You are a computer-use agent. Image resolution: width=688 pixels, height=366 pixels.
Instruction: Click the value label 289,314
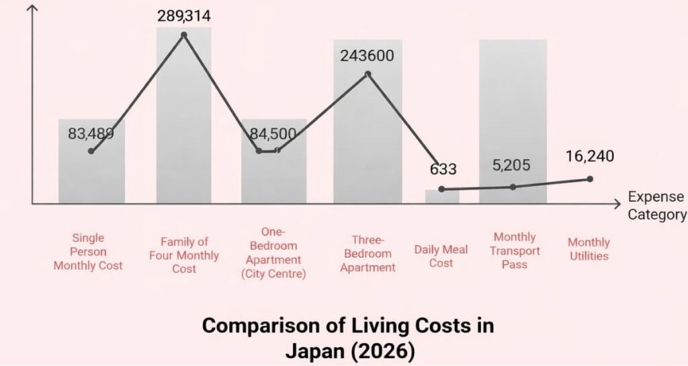pos(183,15)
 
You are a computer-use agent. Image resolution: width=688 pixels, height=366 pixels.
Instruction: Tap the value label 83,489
pos(91,133)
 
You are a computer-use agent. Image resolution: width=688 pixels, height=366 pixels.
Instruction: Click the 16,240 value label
pos(589,157)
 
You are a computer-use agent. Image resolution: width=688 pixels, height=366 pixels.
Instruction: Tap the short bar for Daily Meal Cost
pos(441,196)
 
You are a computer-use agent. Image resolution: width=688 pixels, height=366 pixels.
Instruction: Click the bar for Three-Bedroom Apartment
pos(368,135)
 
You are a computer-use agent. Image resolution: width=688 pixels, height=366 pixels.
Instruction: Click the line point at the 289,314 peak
pos(183,34)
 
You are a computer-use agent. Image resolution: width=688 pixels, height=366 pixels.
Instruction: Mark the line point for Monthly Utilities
pos(590,178)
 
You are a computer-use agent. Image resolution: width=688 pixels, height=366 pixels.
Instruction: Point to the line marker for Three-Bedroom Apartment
pos(368,73)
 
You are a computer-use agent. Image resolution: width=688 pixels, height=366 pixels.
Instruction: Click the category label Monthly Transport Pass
pos(515,250)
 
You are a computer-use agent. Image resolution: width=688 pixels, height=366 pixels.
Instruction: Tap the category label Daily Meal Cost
pos(441,256)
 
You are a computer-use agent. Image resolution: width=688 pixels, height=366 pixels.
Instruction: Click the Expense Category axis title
pos(656,206)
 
